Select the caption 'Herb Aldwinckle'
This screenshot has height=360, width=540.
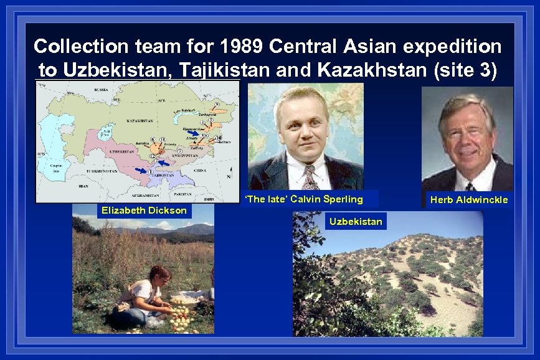469,200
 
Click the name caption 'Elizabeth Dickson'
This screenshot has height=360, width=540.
144,211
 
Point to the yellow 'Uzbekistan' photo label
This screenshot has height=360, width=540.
356,222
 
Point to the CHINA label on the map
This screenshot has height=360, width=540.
199,169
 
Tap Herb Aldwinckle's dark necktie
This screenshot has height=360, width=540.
468,186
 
